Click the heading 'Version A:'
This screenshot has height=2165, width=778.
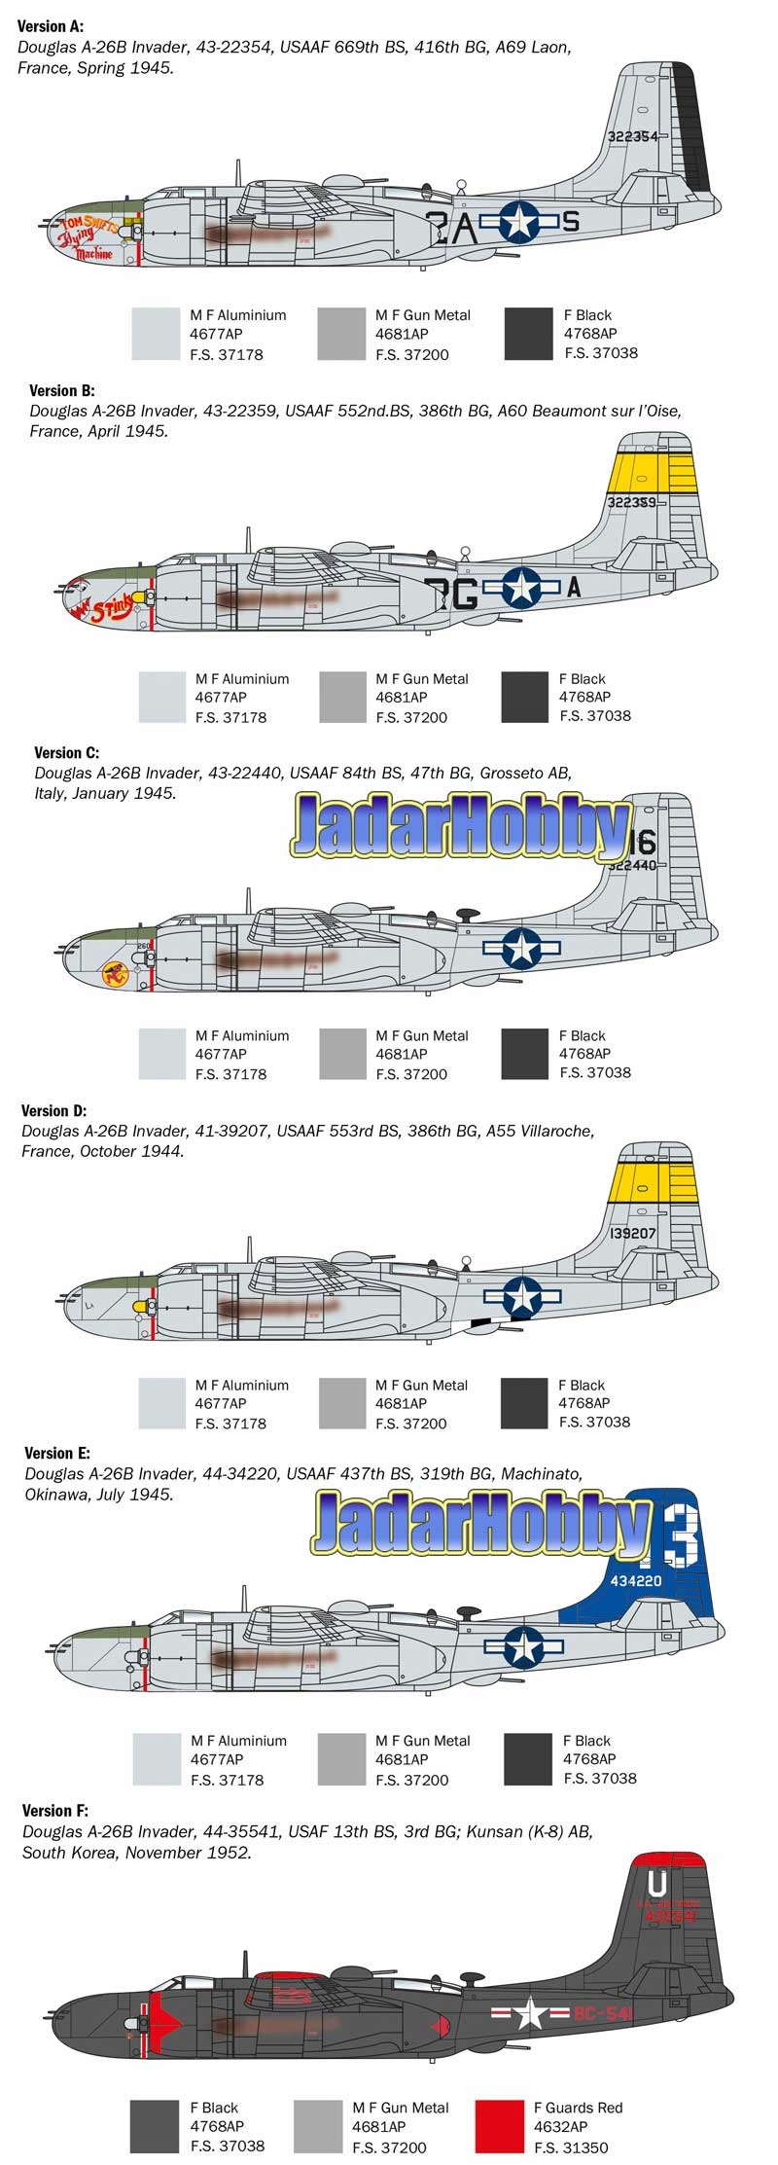click(51, 26)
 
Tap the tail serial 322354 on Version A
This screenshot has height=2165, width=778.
click(632, 136)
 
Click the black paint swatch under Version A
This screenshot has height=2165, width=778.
click(529, 334)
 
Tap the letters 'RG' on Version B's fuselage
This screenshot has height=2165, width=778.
click(451, 592)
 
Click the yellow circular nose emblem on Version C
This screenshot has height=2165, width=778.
click(117, 973)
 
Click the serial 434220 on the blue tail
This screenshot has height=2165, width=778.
click(635, 1580)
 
